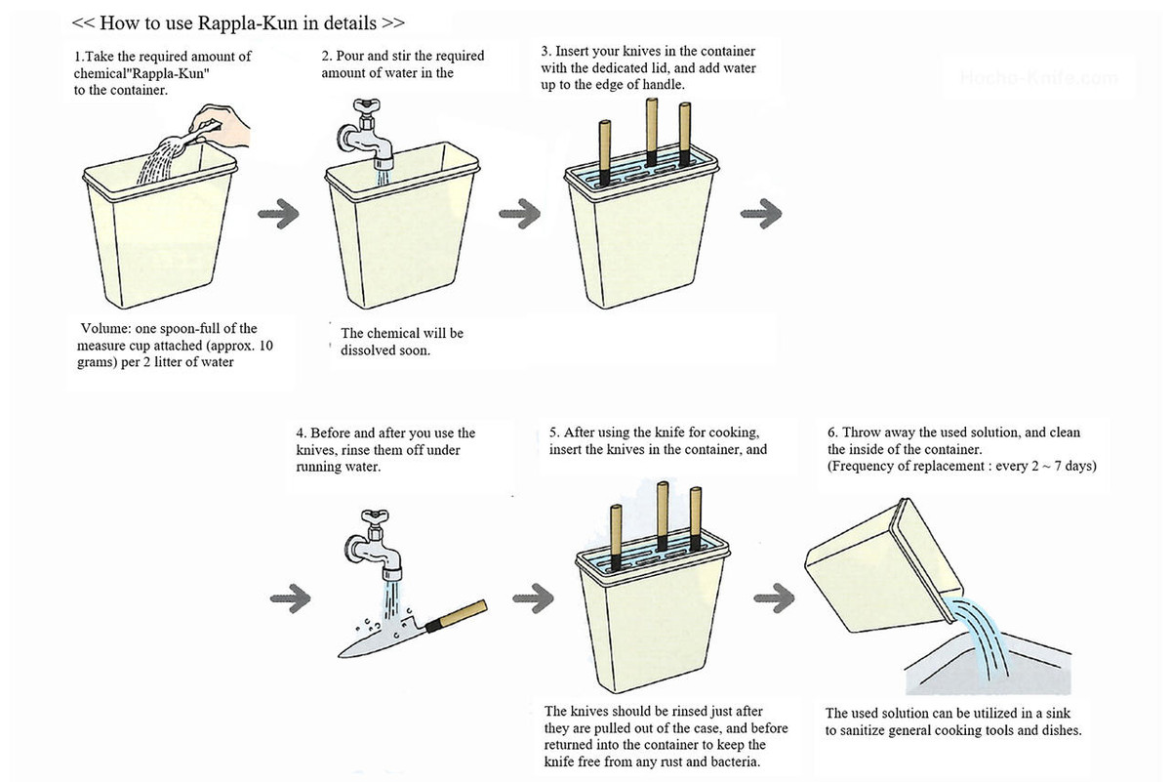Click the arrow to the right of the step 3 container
762,212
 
